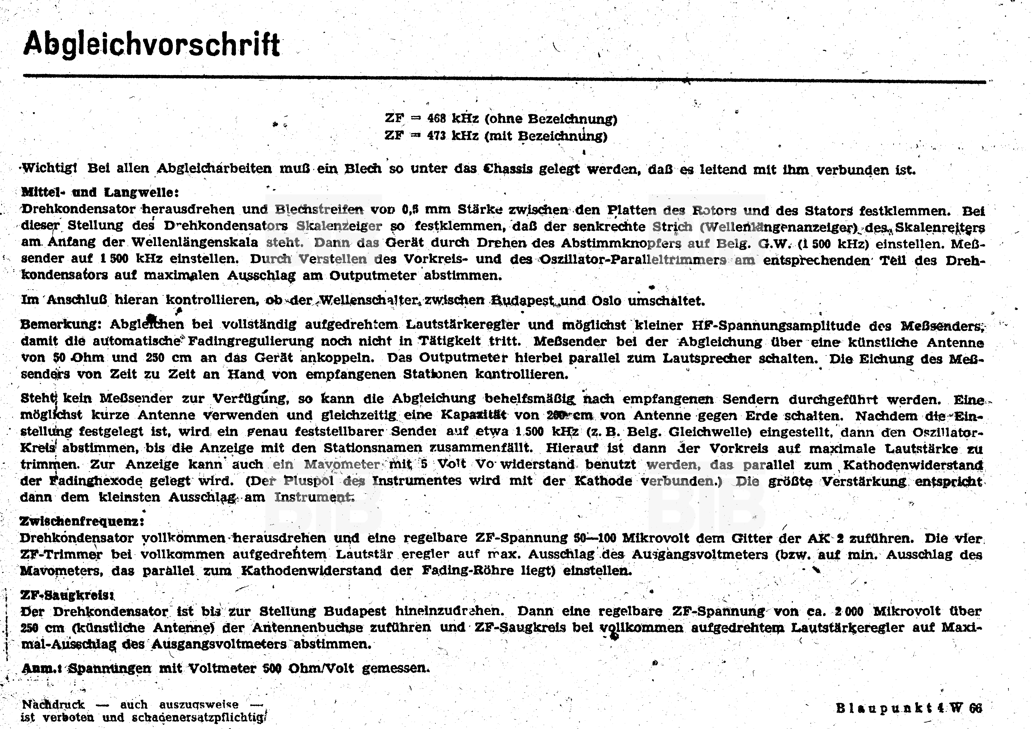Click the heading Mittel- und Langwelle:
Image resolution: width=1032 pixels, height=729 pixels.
100,192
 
